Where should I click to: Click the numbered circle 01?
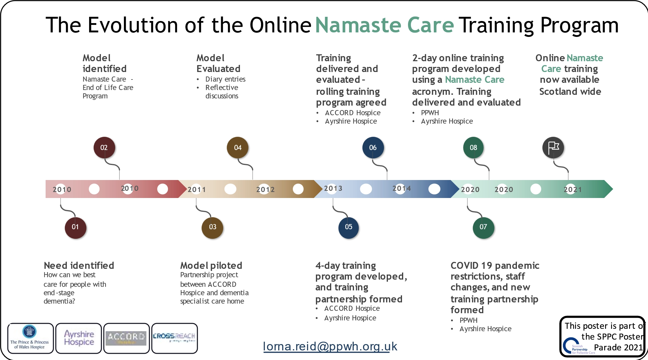75,227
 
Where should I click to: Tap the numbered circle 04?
238,148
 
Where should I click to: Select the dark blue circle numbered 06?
373,148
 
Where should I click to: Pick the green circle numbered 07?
483,227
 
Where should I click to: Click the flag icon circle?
553,148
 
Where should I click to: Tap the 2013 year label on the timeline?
333,189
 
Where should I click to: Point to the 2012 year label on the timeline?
265,190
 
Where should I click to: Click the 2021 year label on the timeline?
572,190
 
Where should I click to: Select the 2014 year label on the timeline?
401,189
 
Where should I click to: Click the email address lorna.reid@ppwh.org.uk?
330,346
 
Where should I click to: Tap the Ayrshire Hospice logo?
79,338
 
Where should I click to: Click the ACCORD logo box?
126,338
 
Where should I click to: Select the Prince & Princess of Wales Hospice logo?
30,338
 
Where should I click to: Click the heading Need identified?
79,265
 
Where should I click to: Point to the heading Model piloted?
211,265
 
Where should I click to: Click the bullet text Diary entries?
225,79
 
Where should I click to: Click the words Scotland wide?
570,91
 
